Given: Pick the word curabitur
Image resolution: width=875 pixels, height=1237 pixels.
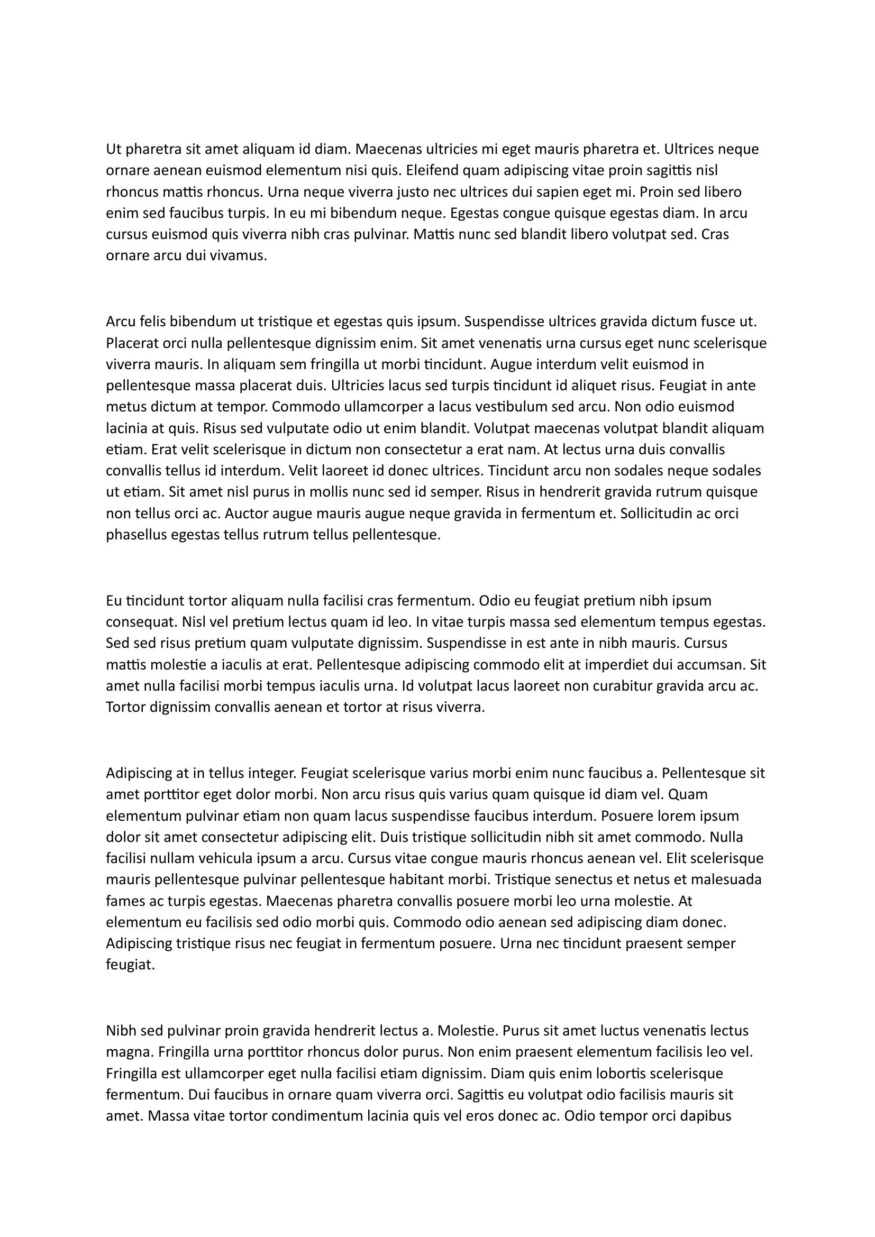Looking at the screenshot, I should [x=625, y=686].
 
